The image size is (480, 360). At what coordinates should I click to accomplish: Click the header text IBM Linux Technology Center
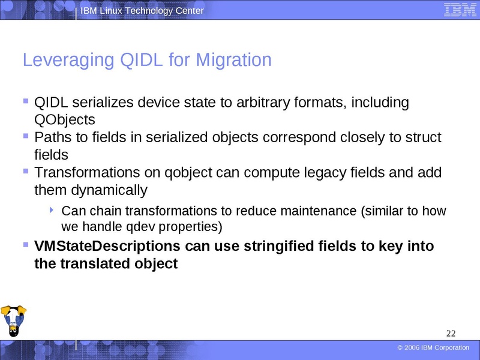pyautogui.click(x=142, y=11)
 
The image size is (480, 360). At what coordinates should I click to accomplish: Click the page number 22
pyautogui.click(x=451, y=334)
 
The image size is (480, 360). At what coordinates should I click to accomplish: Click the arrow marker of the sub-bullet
pyautogui.click(x=52, y=210)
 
